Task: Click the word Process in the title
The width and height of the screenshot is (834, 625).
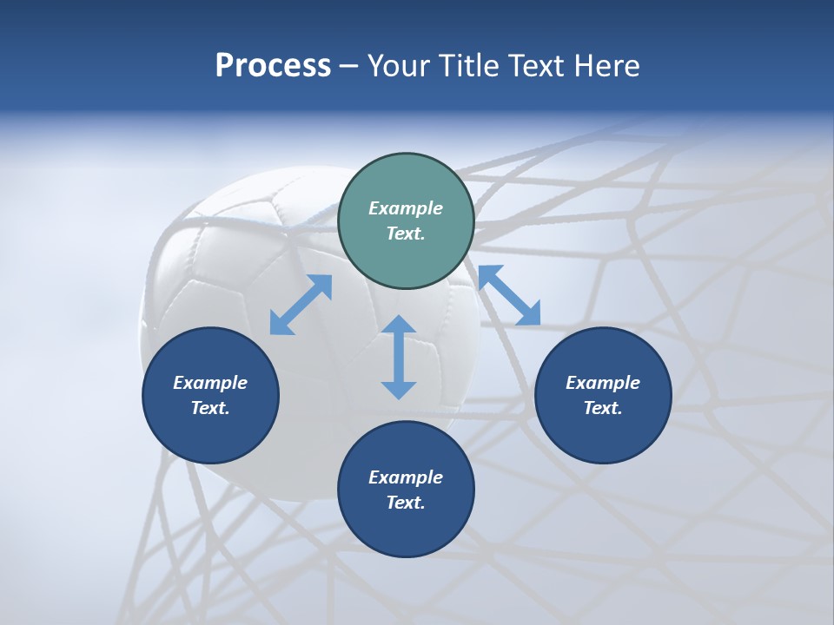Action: click(273, 66)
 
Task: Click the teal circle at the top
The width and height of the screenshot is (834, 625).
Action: click(406, 220)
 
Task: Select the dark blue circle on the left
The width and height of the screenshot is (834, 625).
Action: click(210, 395)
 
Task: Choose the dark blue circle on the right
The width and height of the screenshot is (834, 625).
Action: click(603, 395)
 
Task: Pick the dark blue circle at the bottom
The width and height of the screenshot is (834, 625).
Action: click(406, 489)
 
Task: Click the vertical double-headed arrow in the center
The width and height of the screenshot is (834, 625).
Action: click(399, 357)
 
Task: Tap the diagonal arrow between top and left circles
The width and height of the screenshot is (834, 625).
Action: click(301, 305)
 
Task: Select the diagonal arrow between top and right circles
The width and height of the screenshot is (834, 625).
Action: click(510, 295)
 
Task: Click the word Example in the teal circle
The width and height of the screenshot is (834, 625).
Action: click(406, 207)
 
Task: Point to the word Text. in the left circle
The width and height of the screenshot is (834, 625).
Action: click(210, 408)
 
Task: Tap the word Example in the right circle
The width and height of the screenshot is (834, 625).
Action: click(603, 382)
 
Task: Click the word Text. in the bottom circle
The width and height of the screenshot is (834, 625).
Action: click(406, 503)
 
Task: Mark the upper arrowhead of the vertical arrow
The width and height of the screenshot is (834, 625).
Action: click(399, 324)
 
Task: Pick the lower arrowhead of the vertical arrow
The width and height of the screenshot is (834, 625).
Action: click(399, 391)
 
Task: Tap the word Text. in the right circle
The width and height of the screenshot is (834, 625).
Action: click(603, 408)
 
